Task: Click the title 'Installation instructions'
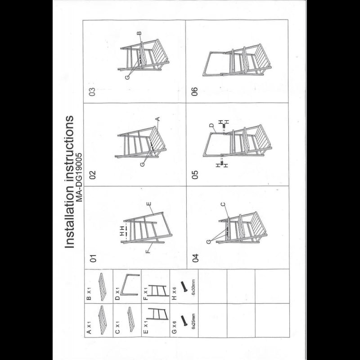click(x=69, y=182)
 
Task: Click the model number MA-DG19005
click(x=79, y=177)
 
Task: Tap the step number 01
click(x=93, y=258)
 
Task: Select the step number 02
click(x=93, y=175)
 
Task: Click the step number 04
click(x=195, y=258)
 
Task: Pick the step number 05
click(x=195, y=175)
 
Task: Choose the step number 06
click(x=195, y=92)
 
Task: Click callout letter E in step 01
click(x=149, y=204)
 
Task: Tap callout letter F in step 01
click(x=148, y=252)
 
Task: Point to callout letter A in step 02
click(x=157, y=119)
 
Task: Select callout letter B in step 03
click(x=139, y=33)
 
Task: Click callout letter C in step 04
click(x=223, y=204)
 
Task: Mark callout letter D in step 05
click(x=211, y=126)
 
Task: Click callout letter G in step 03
click(x=127, y=77)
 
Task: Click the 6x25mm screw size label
click(x=193, y=321)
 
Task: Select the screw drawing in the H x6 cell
click(x=184, y=287)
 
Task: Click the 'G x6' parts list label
click(x=174, y=327)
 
